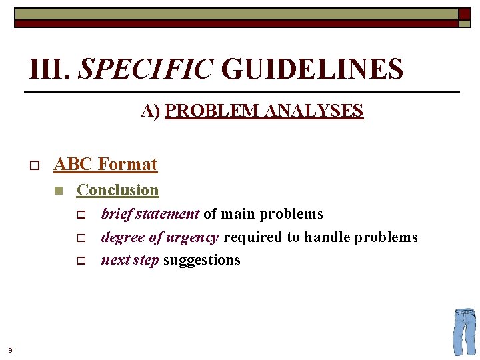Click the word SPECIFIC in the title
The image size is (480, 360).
[x=146, y=69]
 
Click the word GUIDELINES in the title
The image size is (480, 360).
[x=312, y=69]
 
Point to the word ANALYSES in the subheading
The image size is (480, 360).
[x=313, y=111]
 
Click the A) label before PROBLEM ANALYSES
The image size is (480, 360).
[x=151, y=111]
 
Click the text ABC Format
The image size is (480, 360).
[x=105, y=164]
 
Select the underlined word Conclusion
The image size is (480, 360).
[x=118, y=190]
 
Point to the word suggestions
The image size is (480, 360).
[x=201, y=260]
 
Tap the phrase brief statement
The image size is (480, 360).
[x=150, y=214]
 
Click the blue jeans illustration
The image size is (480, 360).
[x=465, y=331]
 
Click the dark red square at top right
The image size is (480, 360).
[x=465, y=14]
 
